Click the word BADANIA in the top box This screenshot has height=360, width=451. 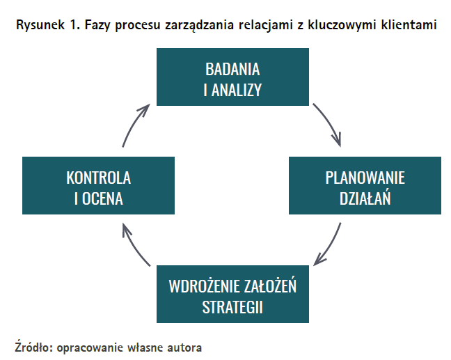[x=232, y=69]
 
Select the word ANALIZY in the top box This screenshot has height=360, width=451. [x=237, y=90]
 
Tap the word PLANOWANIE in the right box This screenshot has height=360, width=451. [x=365, y=178]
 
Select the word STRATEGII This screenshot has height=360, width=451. [x=232, y=307]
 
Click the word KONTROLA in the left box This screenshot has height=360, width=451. [x=98, y=178]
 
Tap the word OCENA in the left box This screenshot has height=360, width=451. [x=102, y=198]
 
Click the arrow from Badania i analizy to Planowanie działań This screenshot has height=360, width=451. [x=330, y=123]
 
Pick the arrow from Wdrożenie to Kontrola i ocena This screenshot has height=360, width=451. [x=134, y=245]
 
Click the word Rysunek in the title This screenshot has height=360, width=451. [x=40, y=25]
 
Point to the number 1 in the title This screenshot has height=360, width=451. [x=73, y=24]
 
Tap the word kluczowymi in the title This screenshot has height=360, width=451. [x=342, y=25]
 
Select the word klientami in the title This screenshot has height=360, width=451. [x=409, y=24]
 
